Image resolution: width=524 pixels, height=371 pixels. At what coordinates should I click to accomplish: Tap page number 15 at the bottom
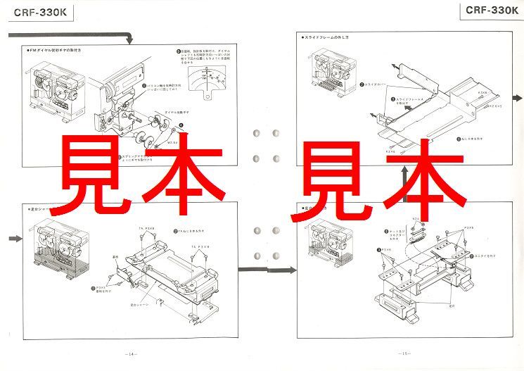pyautogui.click(x=404, y=353)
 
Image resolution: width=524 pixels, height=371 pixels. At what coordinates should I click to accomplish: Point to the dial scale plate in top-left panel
pyautogui.click(x=207, y=83)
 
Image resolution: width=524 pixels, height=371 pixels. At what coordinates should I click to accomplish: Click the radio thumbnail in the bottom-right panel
pyautogui.click(x=331, y=243)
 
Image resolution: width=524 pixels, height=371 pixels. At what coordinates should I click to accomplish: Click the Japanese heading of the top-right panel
pyautogui.click(x=328, y=36)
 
